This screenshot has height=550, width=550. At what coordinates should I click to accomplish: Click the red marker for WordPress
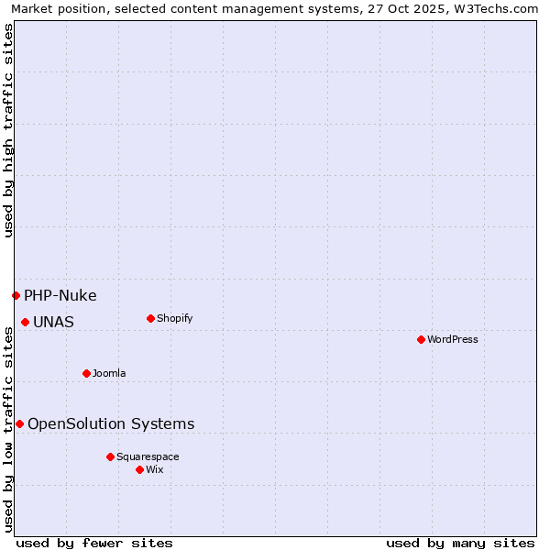421,339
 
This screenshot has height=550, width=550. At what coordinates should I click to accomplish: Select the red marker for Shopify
150,318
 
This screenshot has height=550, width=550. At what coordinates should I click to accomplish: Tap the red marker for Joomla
86,373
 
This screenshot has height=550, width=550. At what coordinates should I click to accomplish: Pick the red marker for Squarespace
110,456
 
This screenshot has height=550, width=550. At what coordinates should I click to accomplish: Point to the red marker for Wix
139,469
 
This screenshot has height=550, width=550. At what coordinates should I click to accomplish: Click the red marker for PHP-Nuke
16,295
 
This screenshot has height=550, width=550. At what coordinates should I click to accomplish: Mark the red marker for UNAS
25,322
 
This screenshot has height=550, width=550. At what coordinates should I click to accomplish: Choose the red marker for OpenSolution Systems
19,423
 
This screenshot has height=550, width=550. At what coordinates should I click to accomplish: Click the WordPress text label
453,340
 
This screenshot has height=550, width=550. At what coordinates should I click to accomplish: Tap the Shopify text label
175,319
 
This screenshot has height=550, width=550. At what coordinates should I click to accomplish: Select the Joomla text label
109,374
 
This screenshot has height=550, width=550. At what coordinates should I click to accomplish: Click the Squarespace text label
148,457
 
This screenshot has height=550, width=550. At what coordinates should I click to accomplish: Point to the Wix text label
155,470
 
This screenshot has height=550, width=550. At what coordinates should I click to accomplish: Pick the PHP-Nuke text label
60,295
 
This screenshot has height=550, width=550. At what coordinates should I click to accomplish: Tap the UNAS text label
53,322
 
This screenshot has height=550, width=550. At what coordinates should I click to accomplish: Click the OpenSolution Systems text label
111,423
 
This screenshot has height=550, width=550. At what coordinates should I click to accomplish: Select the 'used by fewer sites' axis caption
94,543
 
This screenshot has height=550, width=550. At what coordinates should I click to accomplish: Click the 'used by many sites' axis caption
460,543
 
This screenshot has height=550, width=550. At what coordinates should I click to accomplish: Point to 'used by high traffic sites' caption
8,130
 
